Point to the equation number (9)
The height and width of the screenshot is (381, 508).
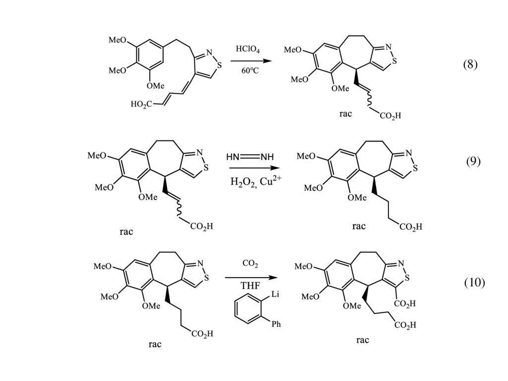(x=473, y=161)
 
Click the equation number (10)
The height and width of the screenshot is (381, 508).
(x=474, y=283)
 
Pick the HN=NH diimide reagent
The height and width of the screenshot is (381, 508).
(x=250, y=157)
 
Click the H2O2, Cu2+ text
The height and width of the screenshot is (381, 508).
(x=253, y=181)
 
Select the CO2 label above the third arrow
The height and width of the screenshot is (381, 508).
(x=250, y=264)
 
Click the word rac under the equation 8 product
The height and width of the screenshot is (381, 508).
(x=346, y=114)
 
